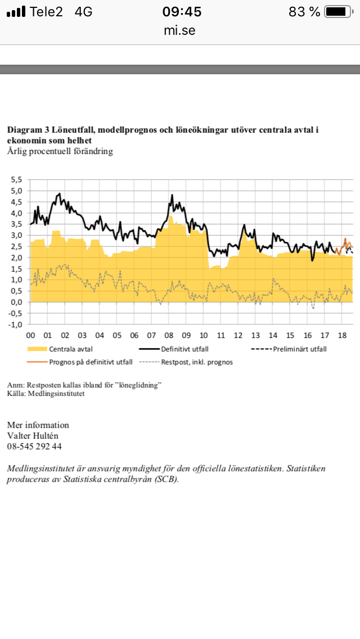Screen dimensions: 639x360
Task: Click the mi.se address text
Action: point(180,31)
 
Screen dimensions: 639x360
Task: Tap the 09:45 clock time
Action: point(182,12)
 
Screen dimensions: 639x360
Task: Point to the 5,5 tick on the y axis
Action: point(17,180)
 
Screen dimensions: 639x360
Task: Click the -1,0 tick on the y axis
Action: point(16,325)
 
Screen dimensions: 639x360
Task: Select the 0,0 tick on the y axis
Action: point(17,302)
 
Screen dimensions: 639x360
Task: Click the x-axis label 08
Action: point(169,336)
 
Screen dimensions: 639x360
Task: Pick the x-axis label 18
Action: point(342,336)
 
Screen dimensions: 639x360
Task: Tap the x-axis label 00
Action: point(31,336)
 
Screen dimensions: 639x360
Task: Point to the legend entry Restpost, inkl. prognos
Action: point(197,362)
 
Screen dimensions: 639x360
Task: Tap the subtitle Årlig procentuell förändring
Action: point(60,151)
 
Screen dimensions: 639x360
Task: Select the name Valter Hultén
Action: point(33,435)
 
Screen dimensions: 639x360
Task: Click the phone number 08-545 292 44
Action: point(34,446)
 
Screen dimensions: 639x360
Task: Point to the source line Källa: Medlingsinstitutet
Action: point(46,394)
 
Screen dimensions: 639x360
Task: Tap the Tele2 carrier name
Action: point(47,12)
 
